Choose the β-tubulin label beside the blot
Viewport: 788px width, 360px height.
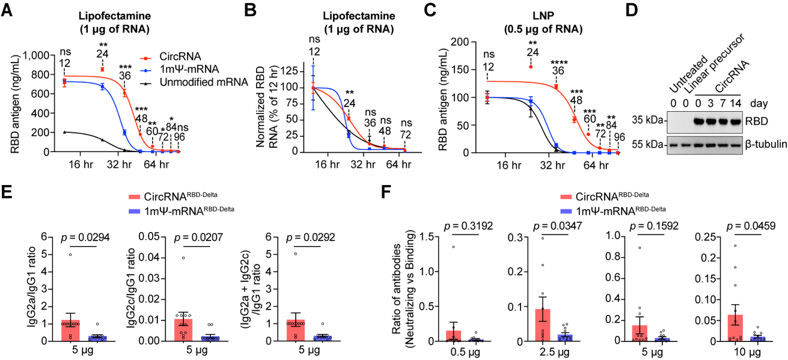coord(760,145)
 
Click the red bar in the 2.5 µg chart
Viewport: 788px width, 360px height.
coord(542,325)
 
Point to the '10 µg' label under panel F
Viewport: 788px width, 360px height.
coord(741,353)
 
